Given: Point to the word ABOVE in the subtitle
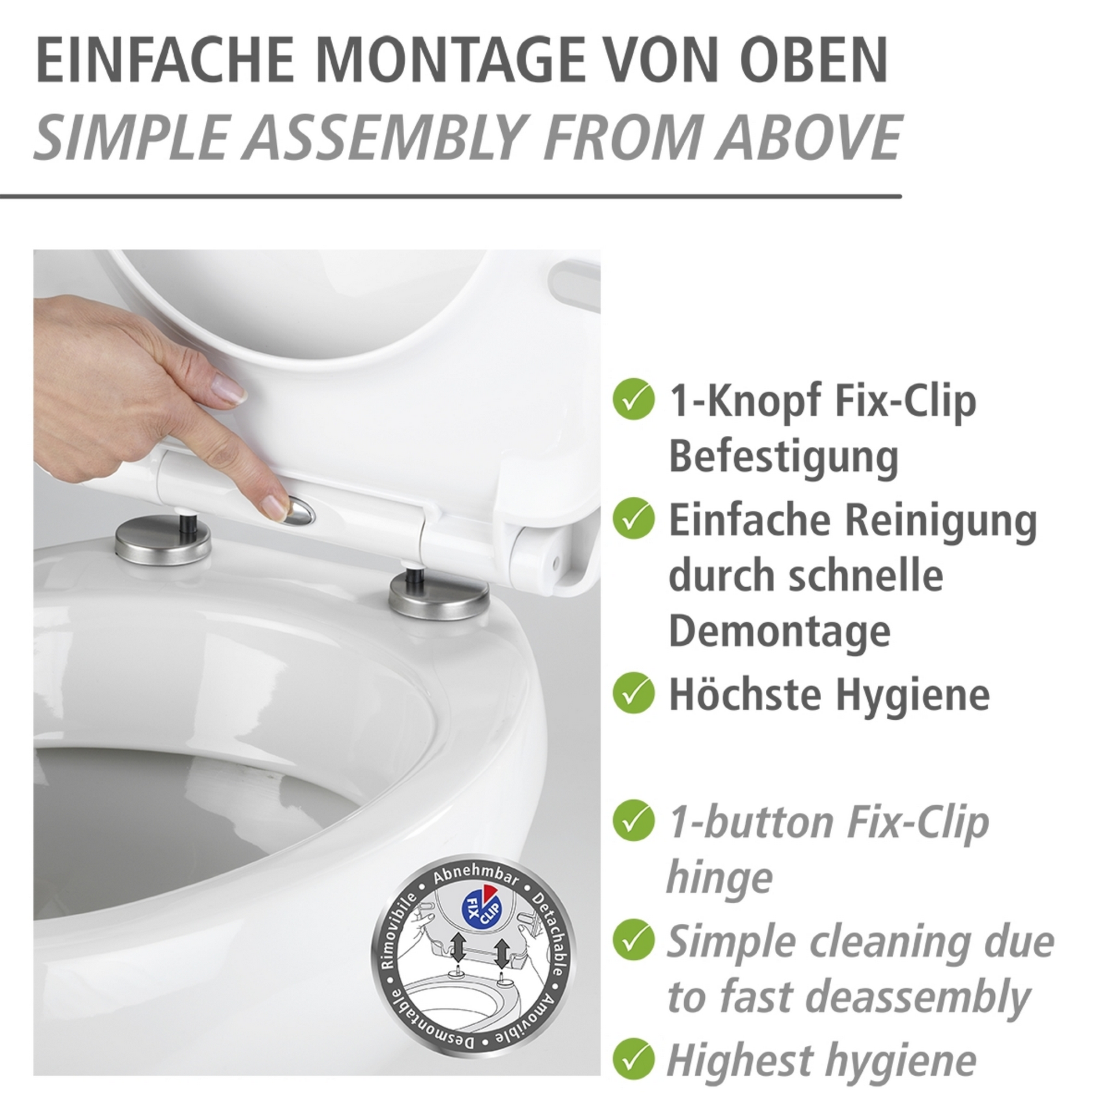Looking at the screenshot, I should (808, 138).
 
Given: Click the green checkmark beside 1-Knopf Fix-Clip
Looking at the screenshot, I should (633, 399).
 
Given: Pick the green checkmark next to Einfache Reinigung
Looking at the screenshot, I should (633, 518).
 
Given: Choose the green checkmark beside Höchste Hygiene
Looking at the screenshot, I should (633, 694).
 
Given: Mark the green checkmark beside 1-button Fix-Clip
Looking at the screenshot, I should (633, 821).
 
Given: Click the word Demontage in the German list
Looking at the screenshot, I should (780, 633).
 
